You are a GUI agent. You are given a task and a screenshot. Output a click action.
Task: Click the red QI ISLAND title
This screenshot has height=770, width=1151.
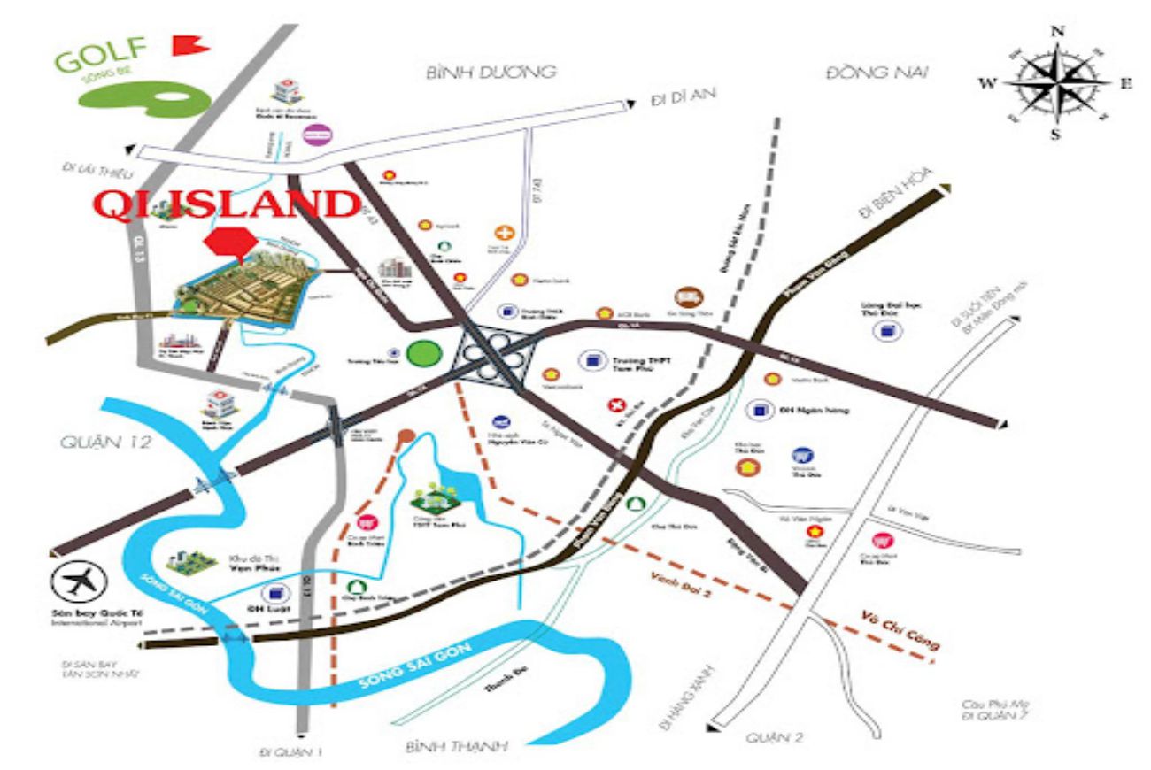point(227,204)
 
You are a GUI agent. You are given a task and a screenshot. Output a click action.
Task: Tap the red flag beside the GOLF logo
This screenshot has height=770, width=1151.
point(185,45)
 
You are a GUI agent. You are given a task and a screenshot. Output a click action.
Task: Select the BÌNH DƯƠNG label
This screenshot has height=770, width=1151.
point(490,72)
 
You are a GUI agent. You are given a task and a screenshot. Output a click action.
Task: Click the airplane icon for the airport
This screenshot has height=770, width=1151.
point(79,581)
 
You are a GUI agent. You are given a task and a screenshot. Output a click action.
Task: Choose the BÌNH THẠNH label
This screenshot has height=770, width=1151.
point(457,747)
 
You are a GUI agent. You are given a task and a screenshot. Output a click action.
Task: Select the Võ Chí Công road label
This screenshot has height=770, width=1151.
point(899,630)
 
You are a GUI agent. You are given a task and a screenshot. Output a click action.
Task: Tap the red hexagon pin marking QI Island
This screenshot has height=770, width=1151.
point(229,243)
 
